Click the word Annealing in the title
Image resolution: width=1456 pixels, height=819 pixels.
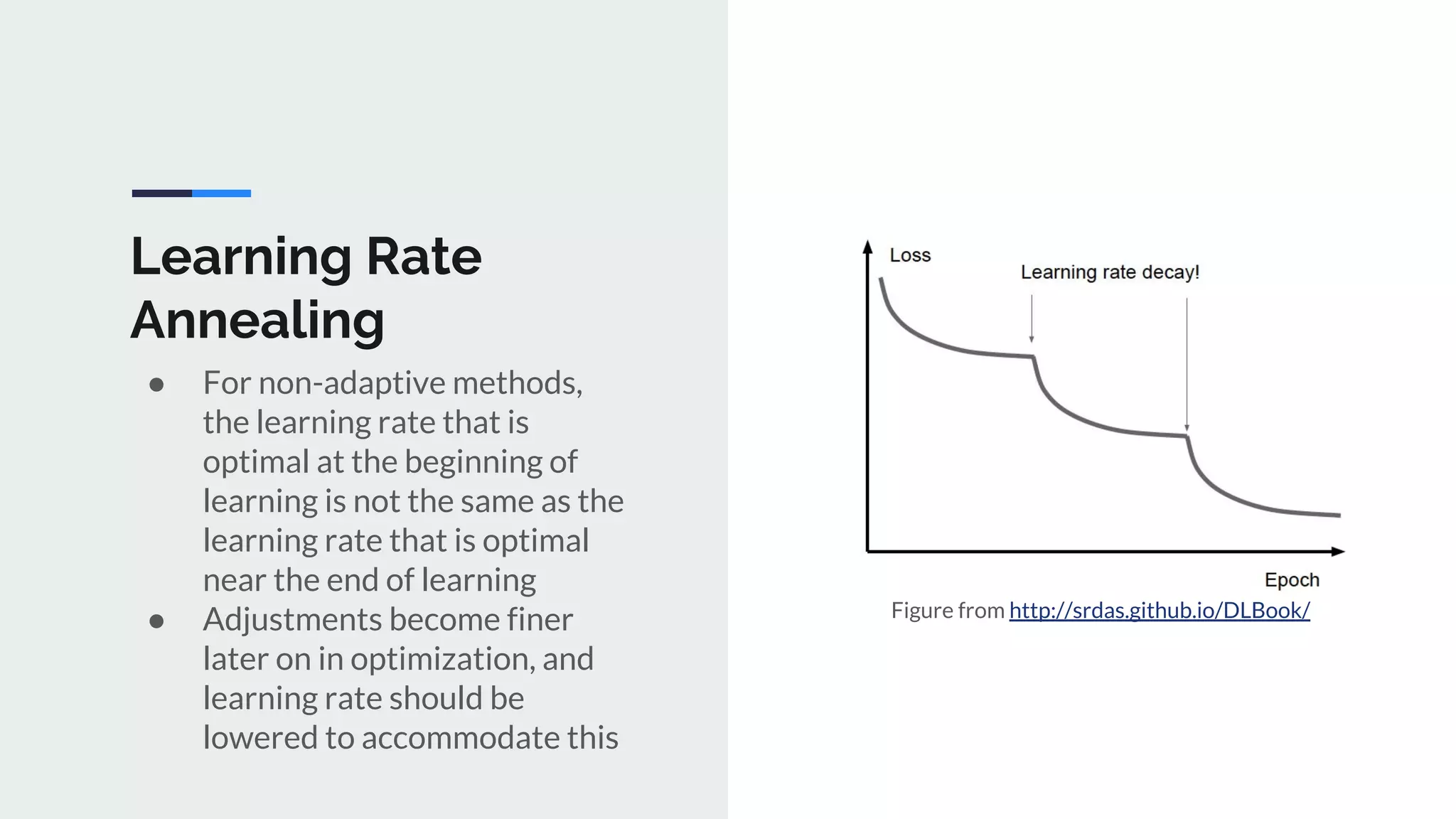(x=257, y=321)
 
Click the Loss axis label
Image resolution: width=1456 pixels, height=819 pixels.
(x=910, y=255)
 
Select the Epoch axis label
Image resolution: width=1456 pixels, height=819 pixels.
(x=1292, y=580)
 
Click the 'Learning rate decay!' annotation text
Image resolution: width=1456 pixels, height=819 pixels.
(x=1110, y=272)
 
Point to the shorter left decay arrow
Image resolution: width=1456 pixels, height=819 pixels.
(x=1032, y=318)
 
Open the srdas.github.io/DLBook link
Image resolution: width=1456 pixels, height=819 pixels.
(x=1159, y=610)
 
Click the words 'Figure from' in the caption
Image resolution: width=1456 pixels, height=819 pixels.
(x=947, y=610)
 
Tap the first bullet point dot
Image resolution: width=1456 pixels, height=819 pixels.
(x=157, y=385)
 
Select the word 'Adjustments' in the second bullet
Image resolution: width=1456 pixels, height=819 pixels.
(x=291, y=620)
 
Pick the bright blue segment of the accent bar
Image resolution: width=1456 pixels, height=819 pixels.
(x=221, y=193)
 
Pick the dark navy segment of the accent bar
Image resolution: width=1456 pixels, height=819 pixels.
(x=162, y=193)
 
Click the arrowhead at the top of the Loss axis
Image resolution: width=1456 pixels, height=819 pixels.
(x=867, y=247)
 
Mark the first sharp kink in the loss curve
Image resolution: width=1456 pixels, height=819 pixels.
(x=1033, y=357)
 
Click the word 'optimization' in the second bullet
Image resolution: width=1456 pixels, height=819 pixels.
(x=441, y=659)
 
